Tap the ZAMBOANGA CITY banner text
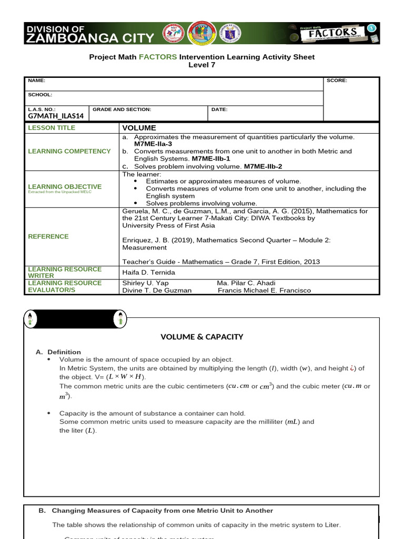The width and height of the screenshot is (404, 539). (89, 38)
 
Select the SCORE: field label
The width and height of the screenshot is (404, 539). (337, 81)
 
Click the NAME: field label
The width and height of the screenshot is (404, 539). (36, 81)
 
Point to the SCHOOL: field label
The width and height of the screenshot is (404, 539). (40, 95)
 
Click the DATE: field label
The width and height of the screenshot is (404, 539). (219, 109)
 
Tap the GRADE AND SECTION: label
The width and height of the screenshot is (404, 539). (122, 109)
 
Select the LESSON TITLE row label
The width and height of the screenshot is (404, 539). (52, 128)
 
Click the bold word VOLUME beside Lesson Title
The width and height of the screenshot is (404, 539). (139, 128)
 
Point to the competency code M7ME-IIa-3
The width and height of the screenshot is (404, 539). (153, 144)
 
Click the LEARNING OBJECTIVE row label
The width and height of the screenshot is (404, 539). (65, 187)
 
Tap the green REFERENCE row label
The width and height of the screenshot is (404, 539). (48, 237)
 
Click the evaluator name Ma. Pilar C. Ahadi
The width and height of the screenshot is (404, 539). (246, 283)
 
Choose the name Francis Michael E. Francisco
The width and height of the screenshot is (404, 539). (264, 290)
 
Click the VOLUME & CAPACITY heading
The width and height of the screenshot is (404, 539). (201, 337)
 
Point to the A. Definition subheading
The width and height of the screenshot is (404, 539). (58, 352)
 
